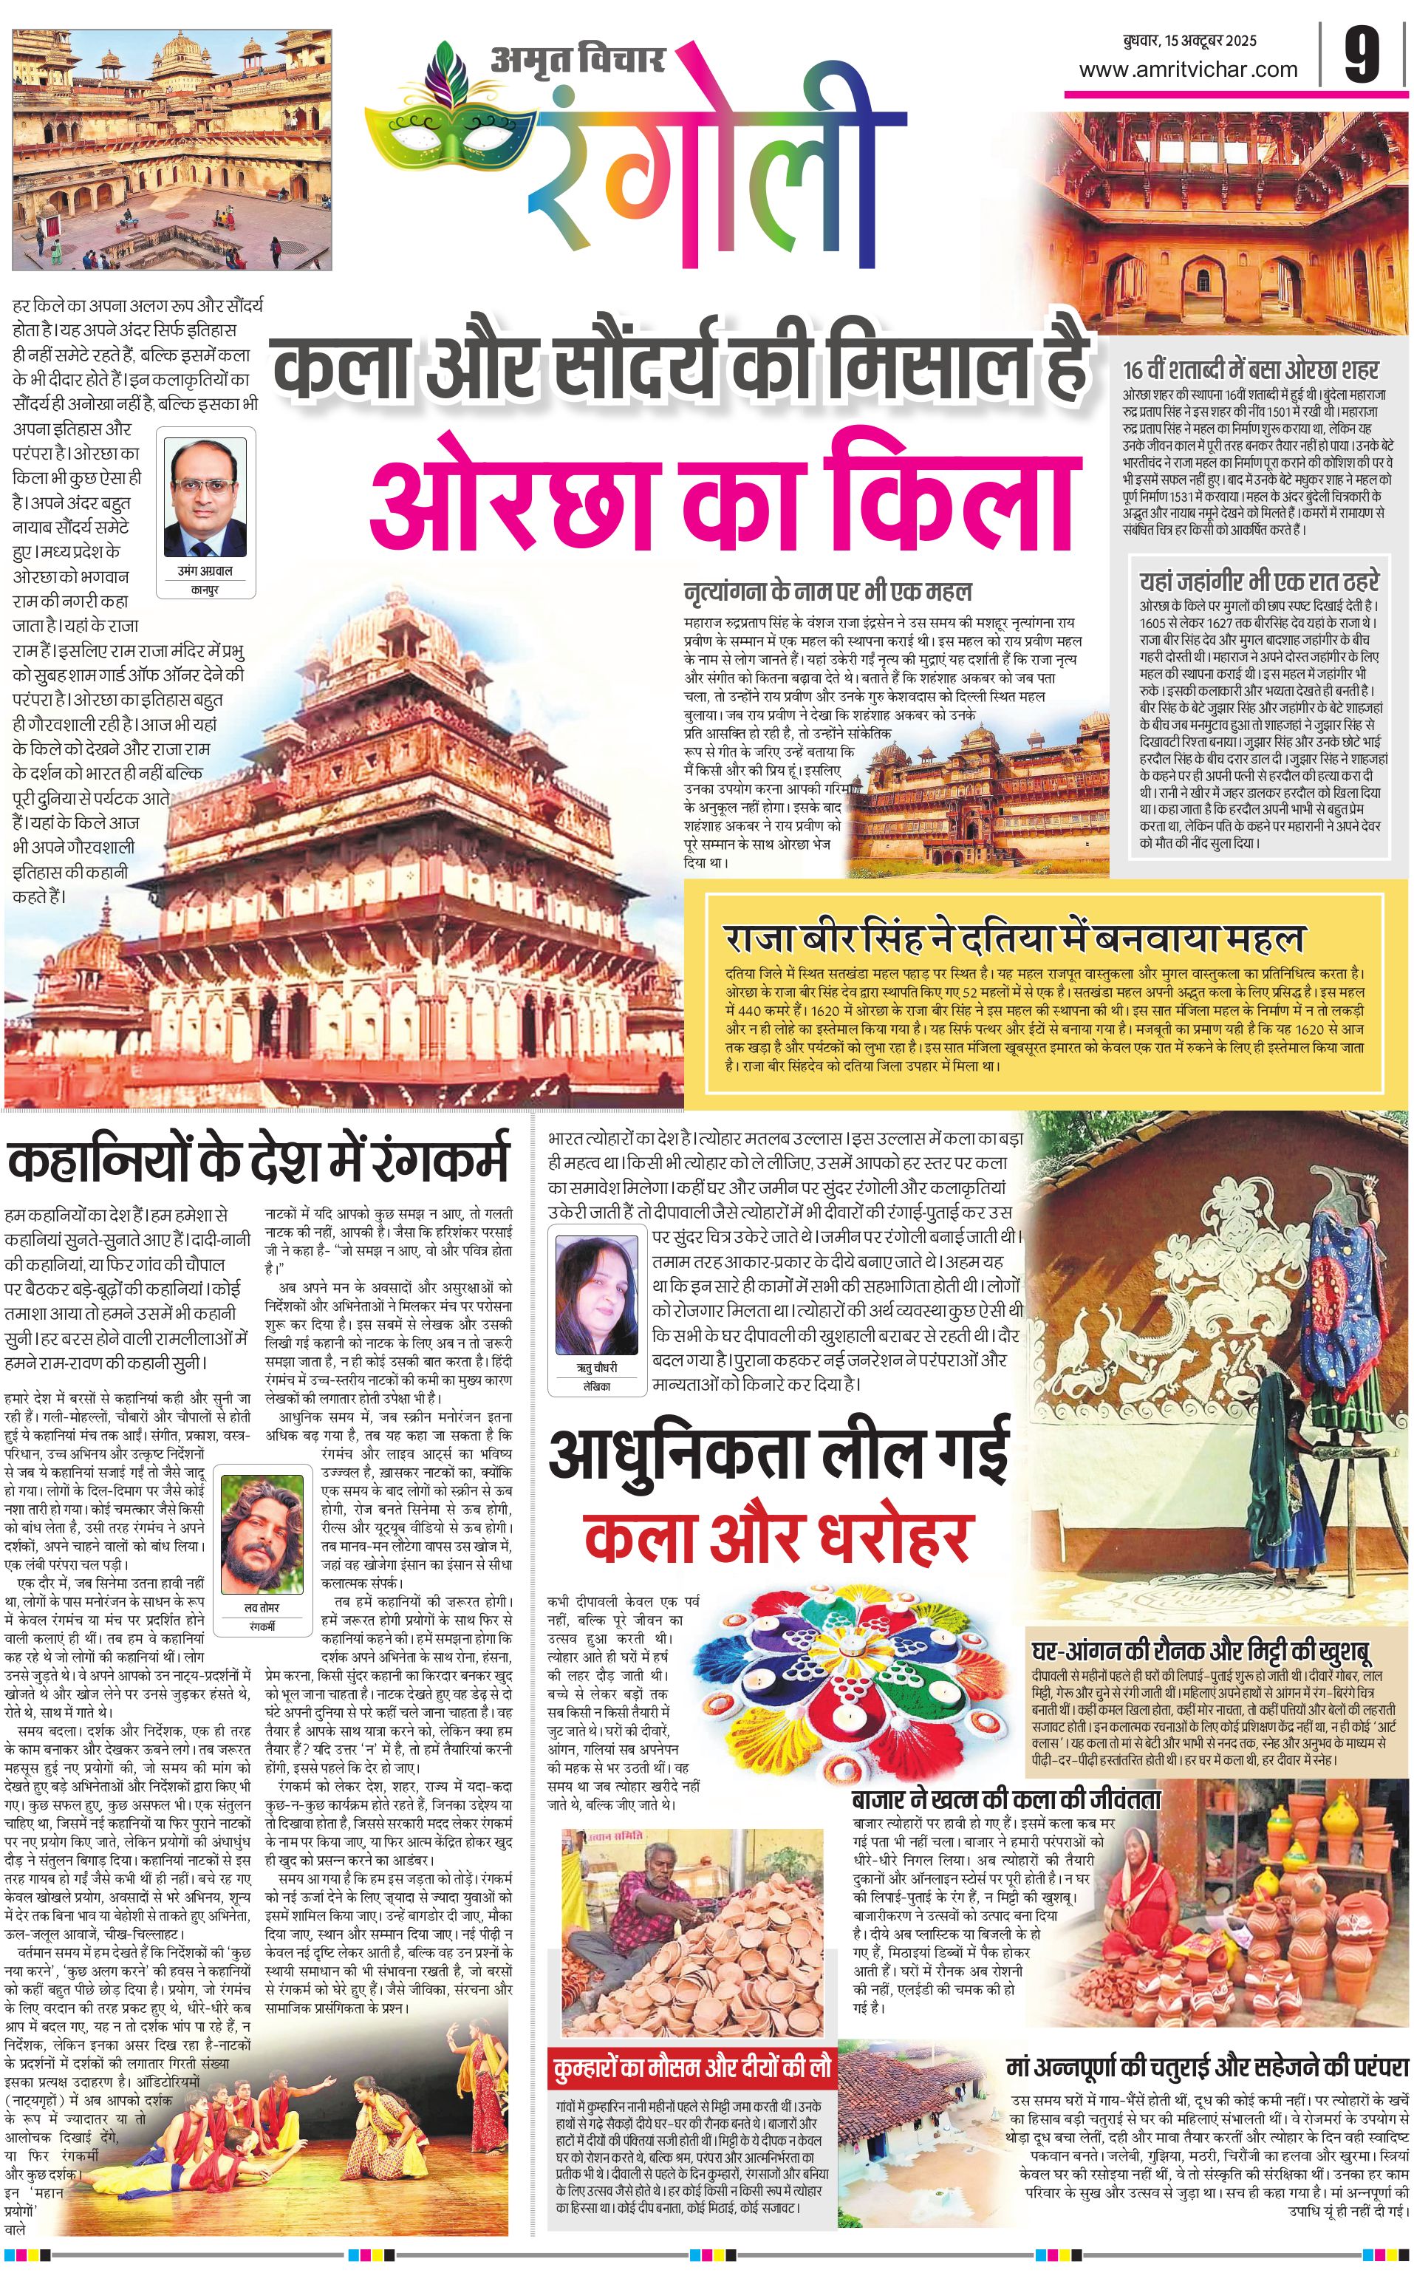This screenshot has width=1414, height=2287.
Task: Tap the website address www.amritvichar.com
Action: pyautogui.click(x=1188, y=69)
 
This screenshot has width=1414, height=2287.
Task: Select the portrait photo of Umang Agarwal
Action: pyautogui.click(x=205, y=497)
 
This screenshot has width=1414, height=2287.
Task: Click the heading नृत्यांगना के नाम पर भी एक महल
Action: pyautogui.click(x=827, y=591)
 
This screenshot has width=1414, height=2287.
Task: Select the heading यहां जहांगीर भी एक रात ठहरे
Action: pyautogui.click(x=1259, y=582)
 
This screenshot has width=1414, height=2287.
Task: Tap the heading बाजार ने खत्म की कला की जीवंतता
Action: pyautogui.click(x=1005, y=1799)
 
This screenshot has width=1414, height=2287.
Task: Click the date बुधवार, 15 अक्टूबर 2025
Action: pyautogui.click(x=1189, y=40)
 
